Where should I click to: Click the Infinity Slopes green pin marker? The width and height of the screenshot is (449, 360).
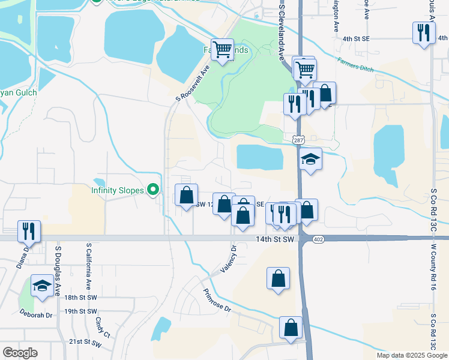point(153,190)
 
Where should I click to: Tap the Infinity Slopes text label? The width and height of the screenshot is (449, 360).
point(118,190)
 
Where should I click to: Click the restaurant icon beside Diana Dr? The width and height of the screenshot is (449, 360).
point(28,230)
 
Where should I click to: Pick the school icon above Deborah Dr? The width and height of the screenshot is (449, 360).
point(42,286)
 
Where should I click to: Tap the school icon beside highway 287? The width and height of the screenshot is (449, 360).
point(310,159)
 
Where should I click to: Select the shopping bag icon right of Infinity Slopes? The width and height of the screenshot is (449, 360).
point(186,194)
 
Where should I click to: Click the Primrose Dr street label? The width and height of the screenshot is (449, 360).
point(217,301)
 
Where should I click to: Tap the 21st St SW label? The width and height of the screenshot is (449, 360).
point(83,341)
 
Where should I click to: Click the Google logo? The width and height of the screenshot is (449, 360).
point(20,353)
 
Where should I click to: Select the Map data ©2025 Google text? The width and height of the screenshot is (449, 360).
point(412,355)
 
